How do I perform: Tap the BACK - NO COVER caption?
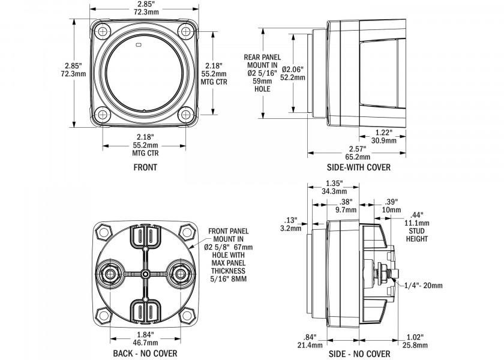click(x=145, y=354)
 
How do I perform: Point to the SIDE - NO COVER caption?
click(x=359, y=354)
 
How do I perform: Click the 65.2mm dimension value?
click(x=359, y=157)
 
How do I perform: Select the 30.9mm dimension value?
click(x=383, y=141)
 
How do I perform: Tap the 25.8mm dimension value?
click(x=415, y=346)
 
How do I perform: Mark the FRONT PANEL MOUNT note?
click(x=227, y=255)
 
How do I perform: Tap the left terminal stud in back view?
click(x=110, y=274)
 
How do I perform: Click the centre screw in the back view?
click(x=145, y=274)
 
